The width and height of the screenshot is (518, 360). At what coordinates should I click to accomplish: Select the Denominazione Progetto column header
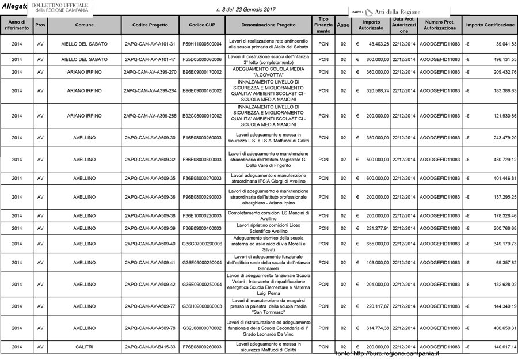268,25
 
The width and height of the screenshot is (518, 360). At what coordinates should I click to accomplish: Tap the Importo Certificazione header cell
490,25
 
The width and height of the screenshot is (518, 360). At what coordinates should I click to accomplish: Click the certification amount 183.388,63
498,91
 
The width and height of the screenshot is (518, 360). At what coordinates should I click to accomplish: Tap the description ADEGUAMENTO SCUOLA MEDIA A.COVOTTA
268,72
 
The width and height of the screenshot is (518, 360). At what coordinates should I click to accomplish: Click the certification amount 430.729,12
498,160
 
